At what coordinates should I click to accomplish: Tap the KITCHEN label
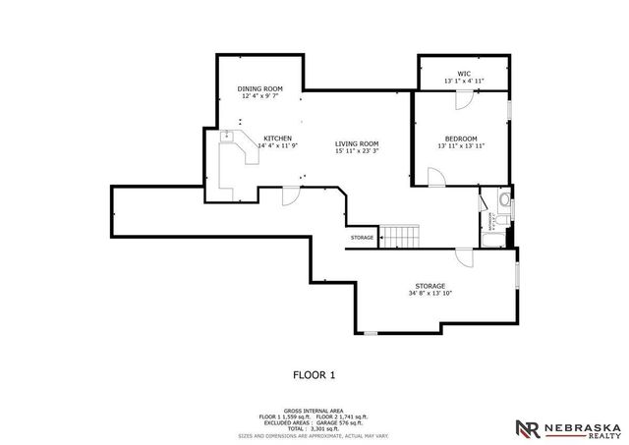277,138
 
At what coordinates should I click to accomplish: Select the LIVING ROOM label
356,143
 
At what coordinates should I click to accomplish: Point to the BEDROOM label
460,139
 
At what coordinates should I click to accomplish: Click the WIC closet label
463,73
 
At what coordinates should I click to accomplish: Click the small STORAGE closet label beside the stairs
362,238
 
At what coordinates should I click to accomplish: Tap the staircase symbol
400,237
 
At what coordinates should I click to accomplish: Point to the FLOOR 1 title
314,374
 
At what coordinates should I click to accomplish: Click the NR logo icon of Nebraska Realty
528,427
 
